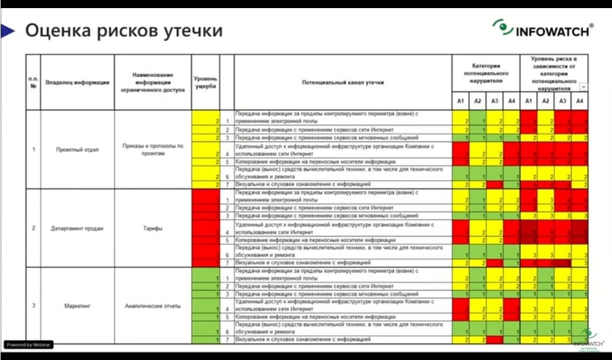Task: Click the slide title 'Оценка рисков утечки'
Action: coord(123,30)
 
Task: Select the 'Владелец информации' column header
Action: coord(77,83)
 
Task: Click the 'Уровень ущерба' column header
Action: coord(205,82)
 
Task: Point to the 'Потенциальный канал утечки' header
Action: coord(343,83)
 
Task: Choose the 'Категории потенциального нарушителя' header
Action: coord(485,74)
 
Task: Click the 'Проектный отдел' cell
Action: coord(77,150)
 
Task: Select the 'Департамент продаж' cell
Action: coord(77,228)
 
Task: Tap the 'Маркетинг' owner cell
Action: coord(77,306)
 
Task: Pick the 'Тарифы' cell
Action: coord(153,228)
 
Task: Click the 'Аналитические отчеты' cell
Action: coord(153,306)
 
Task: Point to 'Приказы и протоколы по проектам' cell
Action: coord(153,150)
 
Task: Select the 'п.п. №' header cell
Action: coord(32,83)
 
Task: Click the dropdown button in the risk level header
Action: coord(584,87)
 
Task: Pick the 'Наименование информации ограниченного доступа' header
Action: coord(153,83)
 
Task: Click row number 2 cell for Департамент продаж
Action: coord(32,228)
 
